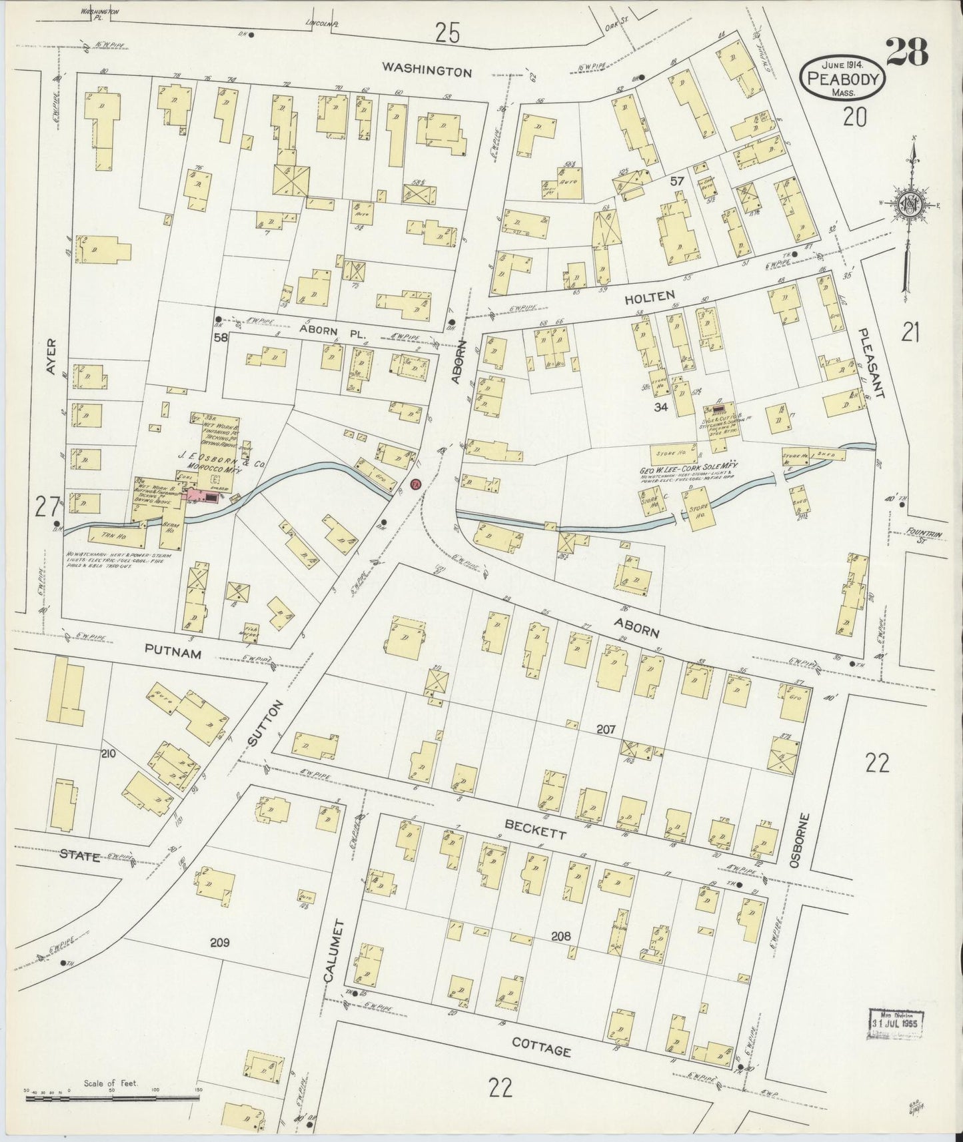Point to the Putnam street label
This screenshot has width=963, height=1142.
(173, 654)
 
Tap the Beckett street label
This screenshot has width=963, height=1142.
(530, 825)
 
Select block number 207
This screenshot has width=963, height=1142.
(605, 730)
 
